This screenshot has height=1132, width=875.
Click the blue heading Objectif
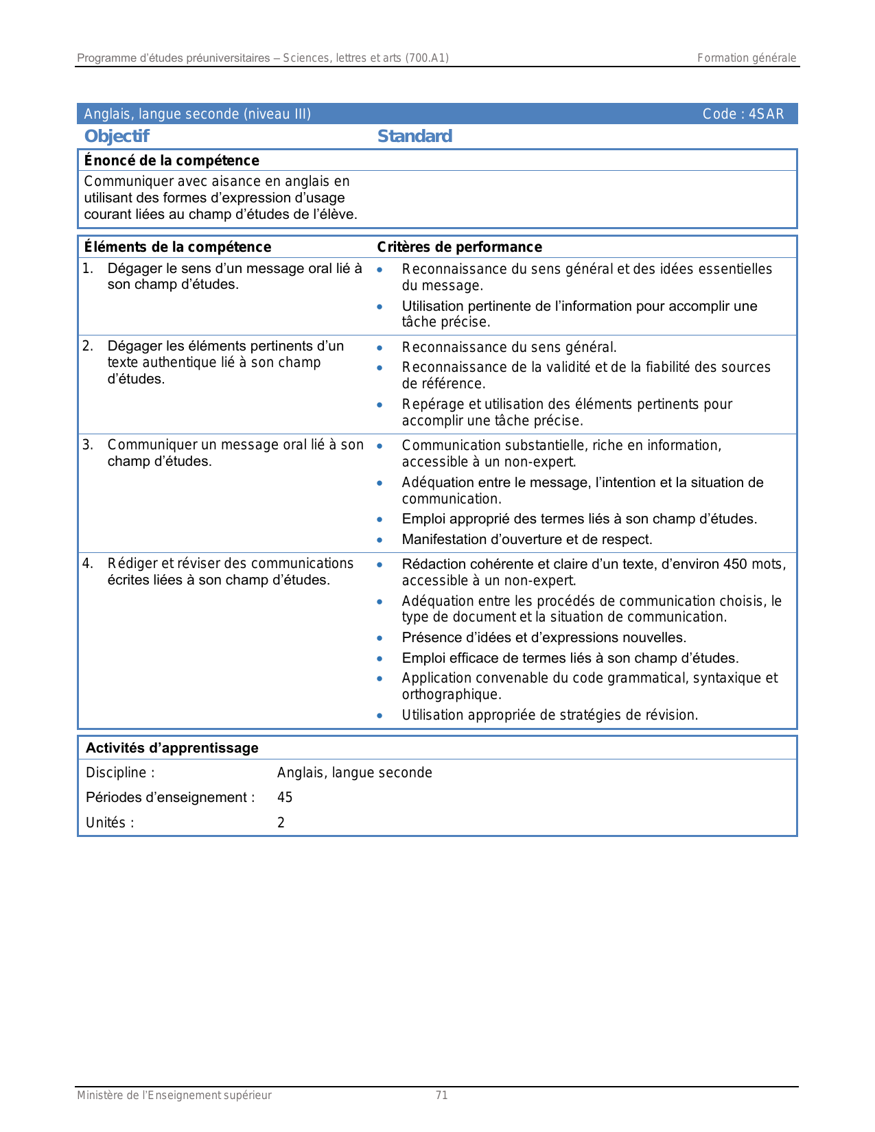coord(117,137)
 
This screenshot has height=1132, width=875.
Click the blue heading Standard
coord(415,137)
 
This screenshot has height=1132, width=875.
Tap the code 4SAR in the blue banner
coord(766,114)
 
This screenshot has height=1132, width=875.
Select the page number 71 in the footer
coord(442,1096)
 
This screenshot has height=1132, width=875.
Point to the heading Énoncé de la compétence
coord(172,161)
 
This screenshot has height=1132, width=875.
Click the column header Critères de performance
coord(459,247)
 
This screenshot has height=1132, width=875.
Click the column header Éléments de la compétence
coord(177,247)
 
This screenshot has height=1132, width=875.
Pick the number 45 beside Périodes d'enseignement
coord(285,797)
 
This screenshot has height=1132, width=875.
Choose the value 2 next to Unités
coord(281,823)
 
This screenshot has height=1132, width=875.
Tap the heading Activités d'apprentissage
coord(172,748)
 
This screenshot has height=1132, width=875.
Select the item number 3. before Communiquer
coord(88,445)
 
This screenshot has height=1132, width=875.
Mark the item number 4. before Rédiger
coord(88,564)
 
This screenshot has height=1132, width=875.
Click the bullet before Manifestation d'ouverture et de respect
coord(380,541)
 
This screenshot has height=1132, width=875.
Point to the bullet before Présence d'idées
coord(380,639)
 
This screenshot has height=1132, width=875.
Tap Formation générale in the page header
coord(747,58)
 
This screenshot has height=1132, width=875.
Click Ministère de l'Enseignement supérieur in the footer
coord(174,1096)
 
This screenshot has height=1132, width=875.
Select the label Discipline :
coord(120,773)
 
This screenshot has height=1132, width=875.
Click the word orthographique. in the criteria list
coord(452,695)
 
